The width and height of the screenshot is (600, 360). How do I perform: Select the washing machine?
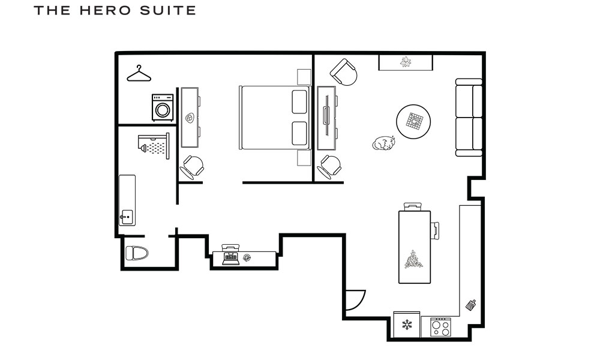(x=163, y=108)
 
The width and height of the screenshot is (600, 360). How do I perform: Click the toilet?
(x=137, y=253)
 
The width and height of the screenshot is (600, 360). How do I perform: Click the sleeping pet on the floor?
(x=383, y=143)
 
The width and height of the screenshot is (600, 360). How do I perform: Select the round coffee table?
(x=413, y=122)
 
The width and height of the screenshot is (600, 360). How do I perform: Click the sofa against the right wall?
(x=469, y=117)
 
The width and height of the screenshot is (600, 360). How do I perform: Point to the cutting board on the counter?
(x=471, y=306)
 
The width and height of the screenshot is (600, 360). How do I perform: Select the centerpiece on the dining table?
(x=414, y=259)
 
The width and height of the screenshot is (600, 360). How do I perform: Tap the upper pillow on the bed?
(x=299, y=101)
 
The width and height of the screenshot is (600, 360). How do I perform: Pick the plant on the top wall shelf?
(x=406, y=62)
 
